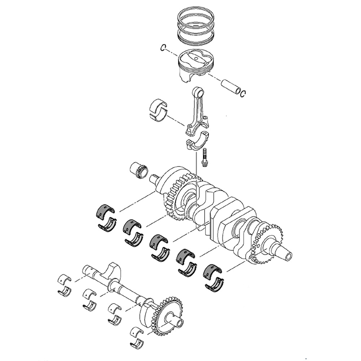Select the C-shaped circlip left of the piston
(x=163, y=48)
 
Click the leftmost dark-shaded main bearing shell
(x=104, y=211)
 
